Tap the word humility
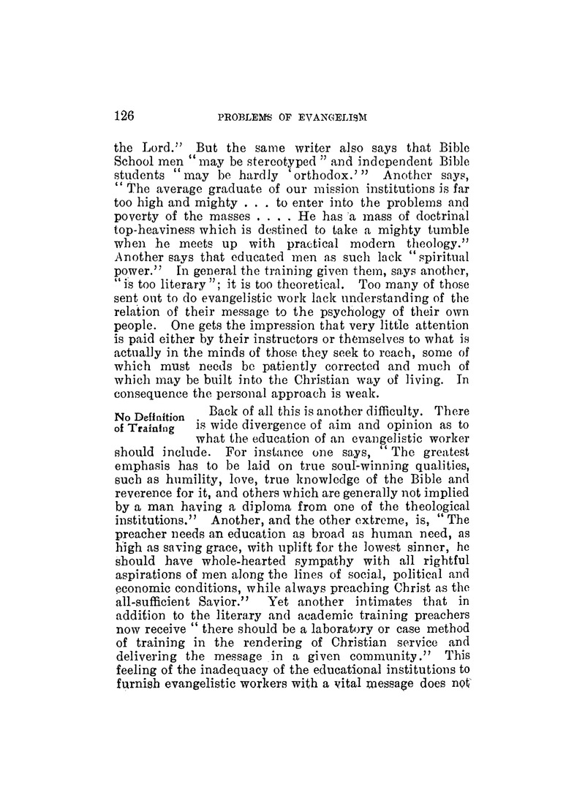tap(172, 489)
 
